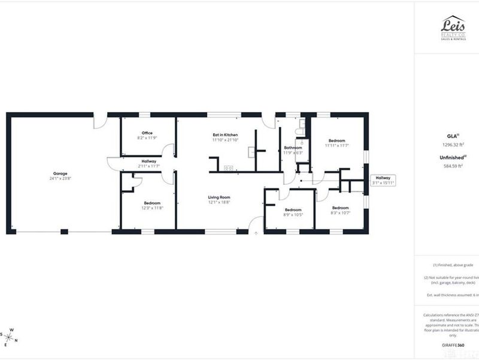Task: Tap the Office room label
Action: [x=147, y=133]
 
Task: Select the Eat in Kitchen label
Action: [x=225, y=135]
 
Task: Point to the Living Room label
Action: [x=219, y=197]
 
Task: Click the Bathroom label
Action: [x=293, y=148]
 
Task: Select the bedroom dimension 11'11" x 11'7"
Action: [x=336, y=145]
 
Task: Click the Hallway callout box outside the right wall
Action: [x=383, y=180]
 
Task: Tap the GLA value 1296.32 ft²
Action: [x=453, y=145]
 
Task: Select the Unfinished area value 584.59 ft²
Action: [x=453, y=167]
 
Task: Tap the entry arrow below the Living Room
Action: [x=256, y=233]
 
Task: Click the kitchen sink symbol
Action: [x=228, y=168]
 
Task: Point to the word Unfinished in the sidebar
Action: [x=452, y=158]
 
